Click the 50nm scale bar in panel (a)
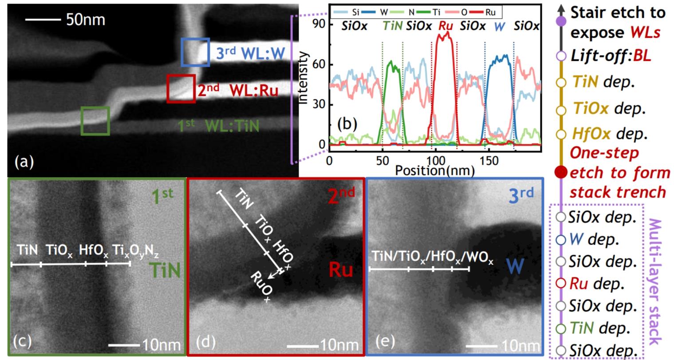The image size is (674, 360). [x=42, y=20]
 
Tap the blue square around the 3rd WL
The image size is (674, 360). [x=195, y=52]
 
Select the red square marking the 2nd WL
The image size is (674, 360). [x=181, y=89]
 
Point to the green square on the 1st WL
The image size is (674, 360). [x=95, y=120]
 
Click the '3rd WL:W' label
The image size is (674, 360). [x=250, y=53]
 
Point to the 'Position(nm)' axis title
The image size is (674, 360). [x=434, y=170]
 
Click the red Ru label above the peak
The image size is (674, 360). [x=445, y=26]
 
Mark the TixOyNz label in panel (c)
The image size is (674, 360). [x=135, y=251]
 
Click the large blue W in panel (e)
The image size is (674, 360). [x=515, y=266]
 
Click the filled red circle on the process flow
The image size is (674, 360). [x=561, y=172]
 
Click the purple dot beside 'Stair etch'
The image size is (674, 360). [x=561, y=20]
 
